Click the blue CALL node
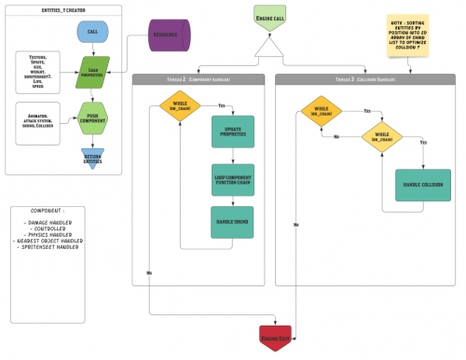[92, 32]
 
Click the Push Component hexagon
[92, 118]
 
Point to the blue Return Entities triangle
[92, 158]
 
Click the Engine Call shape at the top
[268, 16]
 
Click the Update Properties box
[232, 132]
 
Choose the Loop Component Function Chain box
[232, 178]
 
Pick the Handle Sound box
[232, 221]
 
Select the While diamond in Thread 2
[180, 107]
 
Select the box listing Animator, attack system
[37, 121]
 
